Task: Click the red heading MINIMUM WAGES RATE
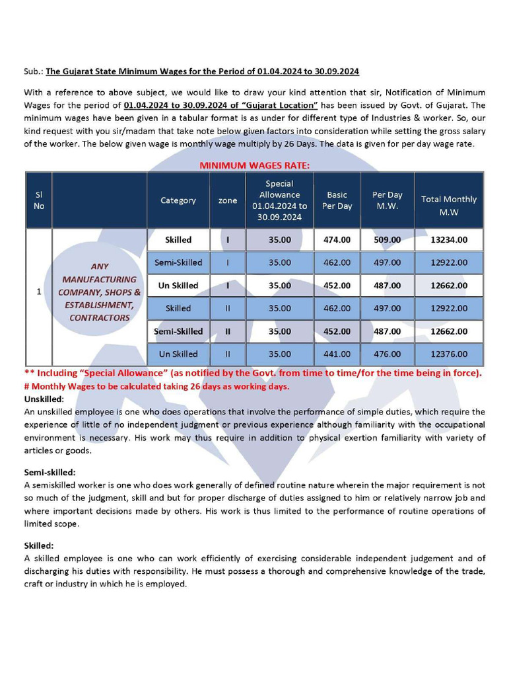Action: click(254, 165)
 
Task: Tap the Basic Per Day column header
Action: click(337, 200)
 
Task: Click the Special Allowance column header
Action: click(279, 200)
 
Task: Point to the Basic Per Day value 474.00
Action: click(337, 239)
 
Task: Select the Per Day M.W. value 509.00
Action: click(387, 239)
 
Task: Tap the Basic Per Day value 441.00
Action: click(337, 354)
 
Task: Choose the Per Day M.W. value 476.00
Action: click(387, 354)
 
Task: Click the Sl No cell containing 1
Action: click(39, 291)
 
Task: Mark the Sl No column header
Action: click(39, 200)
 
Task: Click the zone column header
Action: click(228, 200)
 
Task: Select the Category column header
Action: click(178, 200)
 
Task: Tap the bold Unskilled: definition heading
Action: click(44, 399)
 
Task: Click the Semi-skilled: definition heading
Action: click(50, 473)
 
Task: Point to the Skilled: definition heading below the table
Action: click(38, 545)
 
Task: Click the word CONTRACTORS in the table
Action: click(100, 318)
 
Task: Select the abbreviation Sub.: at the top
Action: click(33, 71)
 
